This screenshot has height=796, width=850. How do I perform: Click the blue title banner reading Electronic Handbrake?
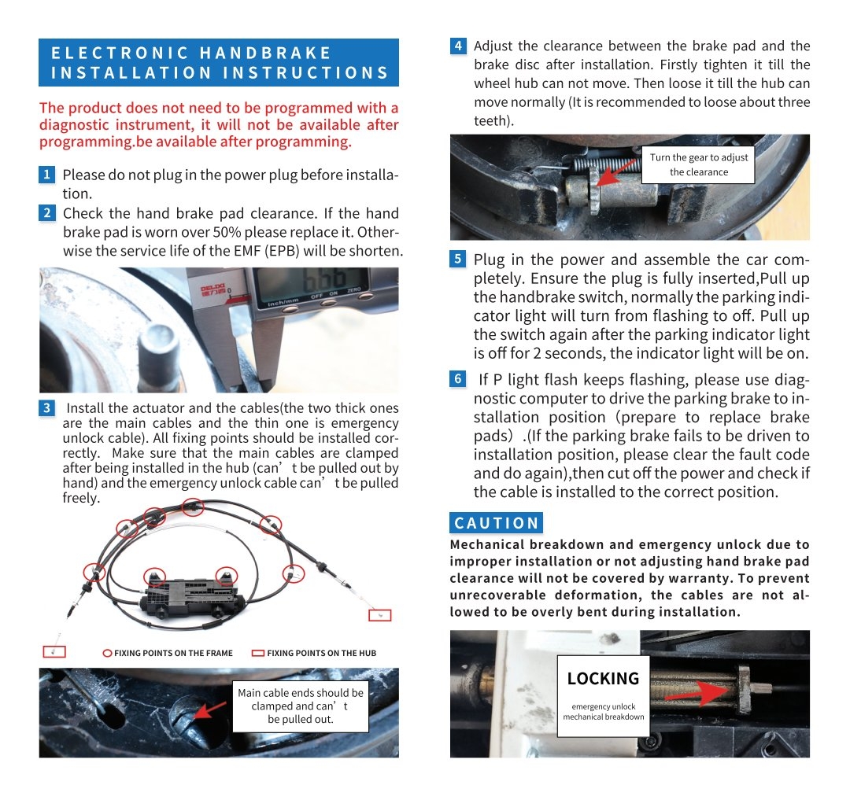pyautogui.click(x=219, y=63)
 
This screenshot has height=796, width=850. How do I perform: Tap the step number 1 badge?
pyautogui.click(x=47, y=175)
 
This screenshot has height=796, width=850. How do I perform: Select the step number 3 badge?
pyautogui.click(x=47, y=407)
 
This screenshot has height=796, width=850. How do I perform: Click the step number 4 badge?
pyautogui.click(x=459, y=46)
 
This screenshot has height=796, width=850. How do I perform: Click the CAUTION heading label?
pyautogui.click(x=497, y=523)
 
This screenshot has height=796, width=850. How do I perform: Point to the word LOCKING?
pyautogui.click(x=603, y=678)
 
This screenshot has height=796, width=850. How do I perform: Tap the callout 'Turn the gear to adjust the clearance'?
pyautogui.click(x=699, y=164)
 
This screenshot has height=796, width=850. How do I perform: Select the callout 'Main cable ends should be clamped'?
pyautogui.click(x=301, y=706)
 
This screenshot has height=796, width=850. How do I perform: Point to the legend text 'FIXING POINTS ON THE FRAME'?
pyautogui.click(x=173, y=653)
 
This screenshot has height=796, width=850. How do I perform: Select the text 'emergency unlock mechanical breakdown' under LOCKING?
pyautogui.click(x=603, y=712)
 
